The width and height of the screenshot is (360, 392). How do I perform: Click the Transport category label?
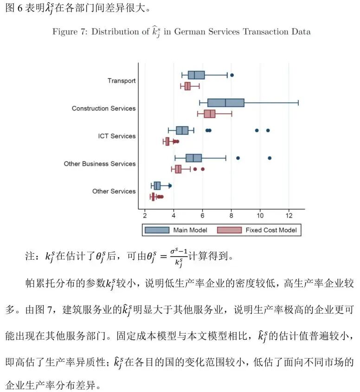pos(122,81)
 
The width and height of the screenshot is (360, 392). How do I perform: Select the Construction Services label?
pos(103,109)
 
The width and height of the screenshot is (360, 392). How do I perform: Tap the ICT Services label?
pos(116,136)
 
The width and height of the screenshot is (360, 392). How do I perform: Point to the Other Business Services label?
pos(100,164)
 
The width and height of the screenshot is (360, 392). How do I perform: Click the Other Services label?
pos(114,191)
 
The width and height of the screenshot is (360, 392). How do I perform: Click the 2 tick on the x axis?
pos(145,216)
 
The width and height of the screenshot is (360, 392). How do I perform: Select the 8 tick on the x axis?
pos(231,216)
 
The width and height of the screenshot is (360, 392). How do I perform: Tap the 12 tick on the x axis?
pos(289,216)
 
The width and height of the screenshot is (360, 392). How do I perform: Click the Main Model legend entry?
pos(176,230)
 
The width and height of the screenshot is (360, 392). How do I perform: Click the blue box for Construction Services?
pos(225,103)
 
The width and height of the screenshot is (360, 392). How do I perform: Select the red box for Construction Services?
pos(210,114)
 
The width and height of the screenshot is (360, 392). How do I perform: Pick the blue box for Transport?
pos(196,75)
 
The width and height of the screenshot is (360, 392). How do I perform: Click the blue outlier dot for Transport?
pos(232,75)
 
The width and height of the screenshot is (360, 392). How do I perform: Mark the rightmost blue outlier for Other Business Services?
pos(270,158)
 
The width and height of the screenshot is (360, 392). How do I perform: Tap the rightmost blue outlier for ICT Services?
pos(268,130)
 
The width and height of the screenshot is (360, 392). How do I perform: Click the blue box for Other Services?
pos(157,186)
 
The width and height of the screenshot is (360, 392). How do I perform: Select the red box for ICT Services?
pos(167,141)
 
